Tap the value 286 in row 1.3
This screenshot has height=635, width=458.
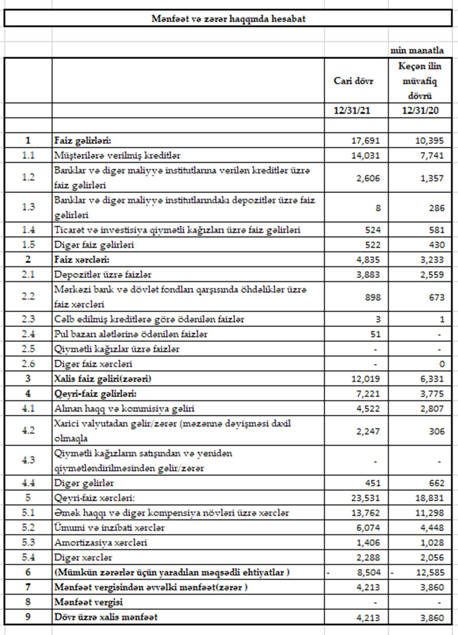[438, 207]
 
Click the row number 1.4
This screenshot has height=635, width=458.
[27, 230]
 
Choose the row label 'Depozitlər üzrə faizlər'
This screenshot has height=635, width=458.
[102, 274]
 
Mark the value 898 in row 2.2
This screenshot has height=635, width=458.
[370, 297]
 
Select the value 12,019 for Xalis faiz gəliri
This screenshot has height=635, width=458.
[365, 379]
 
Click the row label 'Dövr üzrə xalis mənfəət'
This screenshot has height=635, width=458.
[106, 617]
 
